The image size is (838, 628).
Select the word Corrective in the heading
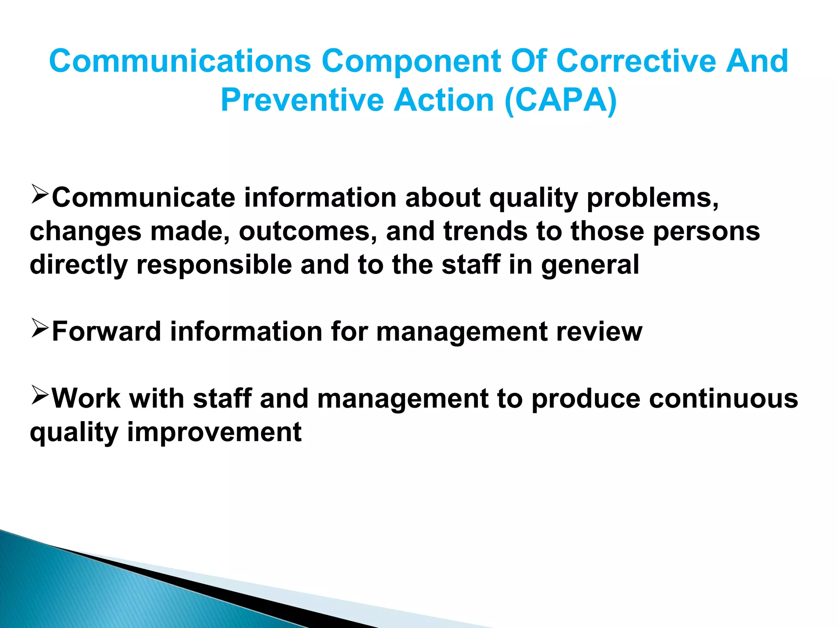[x=635, y=61]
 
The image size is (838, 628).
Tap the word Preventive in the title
[x=302, y=100]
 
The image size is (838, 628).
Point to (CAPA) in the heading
[x=561, y=100]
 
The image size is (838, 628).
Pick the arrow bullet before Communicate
[x=40, y=194]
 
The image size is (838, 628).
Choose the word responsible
[x=214, y=265]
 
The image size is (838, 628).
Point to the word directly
[x=79, y=265]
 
